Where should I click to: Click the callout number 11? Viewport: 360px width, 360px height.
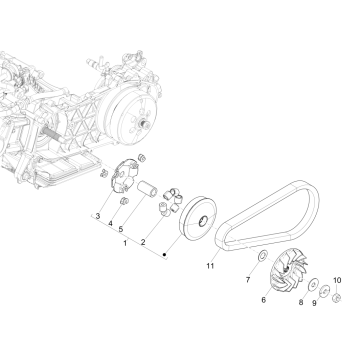pyautogui.click(x=210, y=267)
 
